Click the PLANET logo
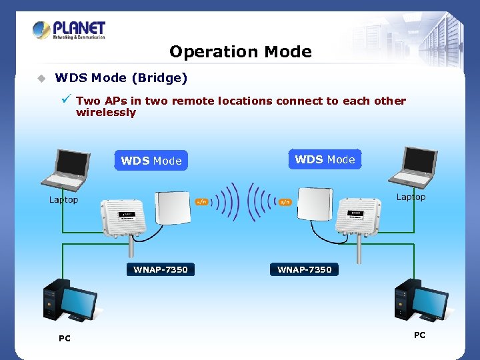[69, 31]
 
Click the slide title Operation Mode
[240, 52]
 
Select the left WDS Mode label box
[151, 161]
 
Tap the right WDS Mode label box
[325, 159]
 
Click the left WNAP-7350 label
[161, 269]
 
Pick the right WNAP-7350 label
[304, 269]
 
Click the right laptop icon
[413, 167]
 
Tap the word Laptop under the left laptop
[63, 199]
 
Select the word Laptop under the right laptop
[411, 197]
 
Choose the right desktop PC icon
[419, 301]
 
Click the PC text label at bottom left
[64, 339]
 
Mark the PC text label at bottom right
[419, 335]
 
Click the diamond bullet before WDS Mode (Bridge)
[41, 79]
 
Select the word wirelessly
[106, 113]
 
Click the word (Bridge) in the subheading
[159, 78]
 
